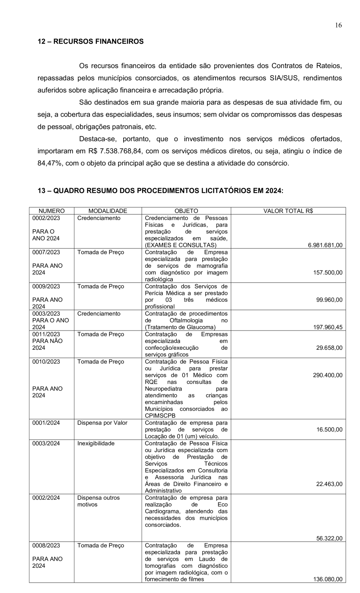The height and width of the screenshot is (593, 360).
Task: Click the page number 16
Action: pos(338,25)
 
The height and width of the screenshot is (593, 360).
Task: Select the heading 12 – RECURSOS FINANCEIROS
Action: pos(90,41)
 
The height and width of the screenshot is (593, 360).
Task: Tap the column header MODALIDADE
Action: pos(108,211)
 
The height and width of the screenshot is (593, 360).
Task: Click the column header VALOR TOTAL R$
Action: pos(288,211)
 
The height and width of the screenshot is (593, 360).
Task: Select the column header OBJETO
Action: pos(186,211)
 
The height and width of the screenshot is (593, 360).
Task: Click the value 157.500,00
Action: pos(327,272)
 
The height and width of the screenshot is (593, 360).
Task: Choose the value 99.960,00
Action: pos(329,300)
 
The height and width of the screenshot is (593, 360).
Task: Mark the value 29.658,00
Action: pos(329,348)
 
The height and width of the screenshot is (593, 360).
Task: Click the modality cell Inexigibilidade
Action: pos(96,443)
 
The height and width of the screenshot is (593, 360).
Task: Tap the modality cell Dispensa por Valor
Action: pos(102,423)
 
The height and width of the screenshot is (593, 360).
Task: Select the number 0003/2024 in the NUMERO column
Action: pos(46,443)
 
